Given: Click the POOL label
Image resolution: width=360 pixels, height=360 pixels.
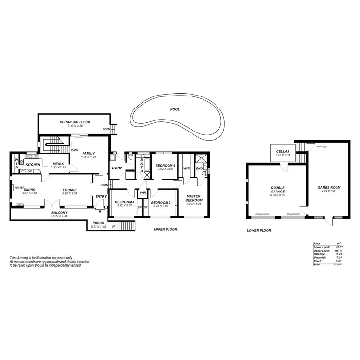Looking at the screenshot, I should pos(175,109).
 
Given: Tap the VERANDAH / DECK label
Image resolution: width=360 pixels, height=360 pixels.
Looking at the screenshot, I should pos(75,122).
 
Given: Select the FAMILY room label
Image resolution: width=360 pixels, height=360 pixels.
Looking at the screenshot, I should pos(88,153).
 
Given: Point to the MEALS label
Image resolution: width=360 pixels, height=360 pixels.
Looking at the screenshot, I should pos(59,163).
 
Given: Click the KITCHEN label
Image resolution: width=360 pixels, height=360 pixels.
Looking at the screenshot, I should pos(33,165).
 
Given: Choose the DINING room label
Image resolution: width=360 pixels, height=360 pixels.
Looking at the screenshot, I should pos(30,190).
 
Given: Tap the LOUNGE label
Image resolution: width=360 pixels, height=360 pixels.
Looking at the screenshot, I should pos(70,190).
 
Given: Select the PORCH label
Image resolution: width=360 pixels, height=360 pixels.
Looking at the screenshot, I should pos(98,222).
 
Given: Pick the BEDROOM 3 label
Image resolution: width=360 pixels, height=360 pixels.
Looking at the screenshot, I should pos(124,202).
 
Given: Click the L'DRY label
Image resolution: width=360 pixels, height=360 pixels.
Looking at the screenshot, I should pos(117,168).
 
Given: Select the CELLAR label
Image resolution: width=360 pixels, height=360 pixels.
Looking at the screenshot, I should pos(282,152).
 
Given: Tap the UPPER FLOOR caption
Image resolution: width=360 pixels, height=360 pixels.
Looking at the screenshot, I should pos(165,230).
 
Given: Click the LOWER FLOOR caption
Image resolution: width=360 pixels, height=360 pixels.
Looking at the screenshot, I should pos(259,231).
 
